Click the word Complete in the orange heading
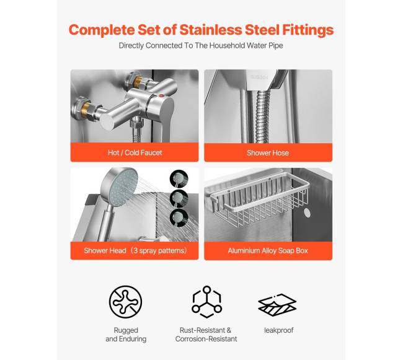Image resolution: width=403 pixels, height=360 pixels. (102, 30)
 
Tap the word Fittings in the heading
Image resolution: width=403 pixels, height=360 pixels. (308, 30)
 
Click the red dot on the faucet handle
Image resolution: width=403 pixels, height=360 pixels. (161, 96)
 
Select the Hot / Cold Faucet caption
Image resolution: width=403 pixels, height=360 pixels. (135, 153)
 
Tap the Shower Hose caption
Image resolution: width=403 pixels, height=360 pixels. (268, 153)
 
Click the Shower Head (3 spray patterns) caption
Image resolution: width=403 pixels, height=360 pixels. (135, 250)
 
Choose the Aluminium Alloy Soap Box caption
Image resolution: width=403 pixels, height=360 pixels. (268, 250)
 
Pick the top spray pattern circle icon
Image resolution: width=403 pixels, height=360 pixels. (179, 178)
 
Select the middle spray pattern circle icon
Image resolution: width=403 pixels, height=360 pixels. (179, 198)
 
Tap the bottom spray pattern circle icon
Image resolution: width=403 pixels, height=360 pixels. (179, 218)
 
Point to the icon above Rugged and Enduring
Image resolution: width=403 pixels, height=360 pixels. (125, 302)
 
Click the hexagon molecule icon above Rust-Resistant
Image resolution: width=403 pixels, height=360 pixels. (206, 302)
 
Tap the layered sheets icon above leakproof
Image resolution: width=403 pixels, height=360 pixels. (277, 305)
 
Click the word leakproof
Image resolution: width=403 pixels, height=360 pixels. (278, 330)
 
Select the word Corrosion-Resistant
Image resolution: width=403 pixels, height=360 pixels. (206, 339)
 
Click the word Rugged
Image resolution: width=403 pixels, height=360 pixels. (126, 330)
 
